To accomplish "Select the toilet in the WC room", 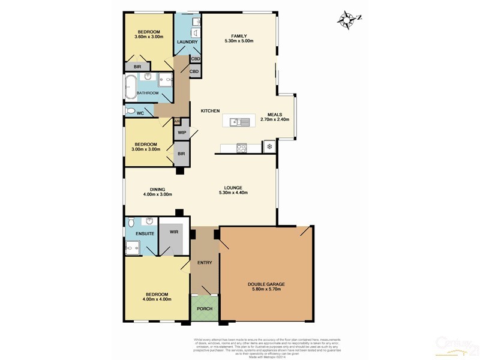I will (130, 111).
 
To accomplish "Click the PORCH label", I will (205, 310).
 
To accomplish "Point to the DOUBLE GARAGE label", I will (266, 284).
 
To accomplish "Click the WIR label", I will (174, 231).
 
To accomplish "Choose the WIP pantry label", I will (181, 132).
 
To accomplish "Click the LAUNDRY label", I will (187, 41).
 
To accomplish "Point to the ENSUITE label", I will (145, 233).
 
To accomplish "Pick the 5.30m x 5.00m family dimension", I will (238, 41).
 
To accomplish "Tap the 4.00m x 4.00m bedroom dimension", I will (157, 299).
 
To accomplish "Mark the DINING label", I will (157, 188).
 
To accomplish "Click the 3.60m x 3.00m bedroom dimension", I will (149, 37).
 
